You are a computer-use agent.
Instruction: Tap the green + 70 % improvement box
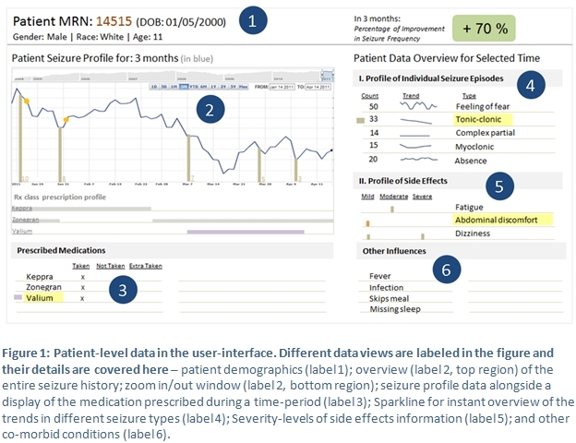pyautogui.click(x=485, y=28)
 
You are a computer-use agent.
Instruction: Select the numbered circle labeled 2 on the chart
pyautogui.click(x=210, y=111)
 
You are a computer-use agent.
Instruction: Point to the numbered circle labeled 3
pyautogui.click(x=124, y=290)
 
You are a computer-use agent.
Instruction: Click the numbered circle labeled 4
pyautogui.click(x=530, y=86)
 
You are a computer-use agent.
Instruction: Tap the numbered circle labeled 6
pyautogui.click(x=446, y=269)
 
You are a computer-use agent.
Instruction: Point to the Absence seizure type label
pyautogui.click(x=474, y=159)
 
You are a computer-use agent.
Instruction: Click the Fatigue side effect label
pyautogui.click(x=470, y=208)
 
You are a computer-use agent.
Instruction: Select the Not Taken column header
pyautogui.click(x=109, y=266)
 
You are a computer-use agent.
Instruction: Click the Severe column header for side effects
pyautogui.click(x=422, y=196)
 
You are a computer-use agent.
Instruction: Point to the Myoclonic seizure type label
pyautogui.click(x=476, y=146)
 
